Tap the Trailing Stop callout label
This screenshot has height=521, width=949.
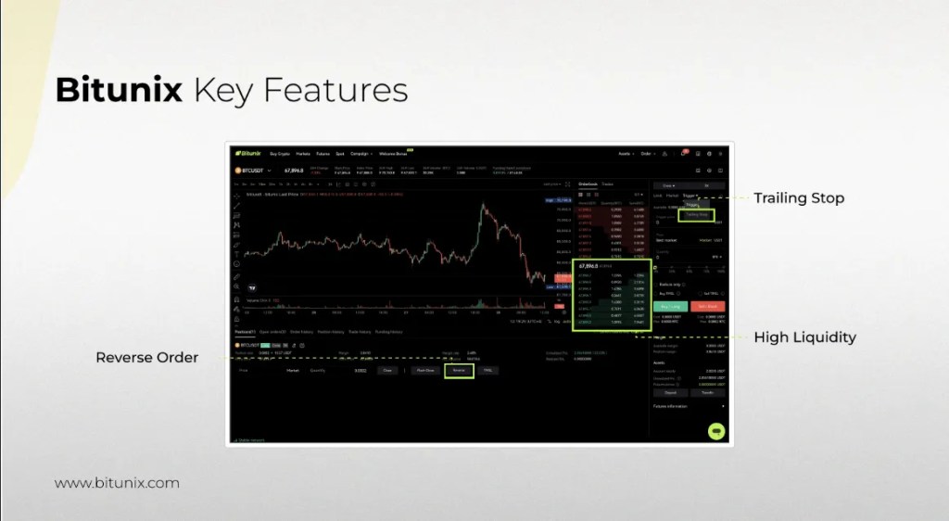[799, 198]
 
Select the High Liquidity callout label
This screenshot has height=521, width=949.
[804, 337]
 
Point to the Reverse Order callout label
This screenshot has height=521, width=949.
[146, 357]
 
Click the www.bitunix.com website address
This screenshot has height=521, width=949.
[117, 483]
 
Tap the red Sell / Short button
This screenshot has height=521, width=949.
[708, 306]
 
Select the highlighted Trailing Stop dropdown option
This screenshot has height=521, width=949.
[697, 215]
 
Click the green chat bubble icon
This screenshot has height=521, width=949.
[715, 431]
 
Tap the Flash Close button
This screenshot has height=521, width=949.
[425, 370]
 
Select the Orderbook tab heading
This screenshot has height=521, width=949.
[588, 184]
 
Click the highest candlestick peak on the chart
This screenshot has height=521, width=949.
[482, 209]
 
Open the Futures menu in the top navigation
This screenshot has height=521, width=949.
[323, 153]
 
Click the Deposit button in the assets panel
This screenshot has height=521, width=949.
[671, 393]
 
